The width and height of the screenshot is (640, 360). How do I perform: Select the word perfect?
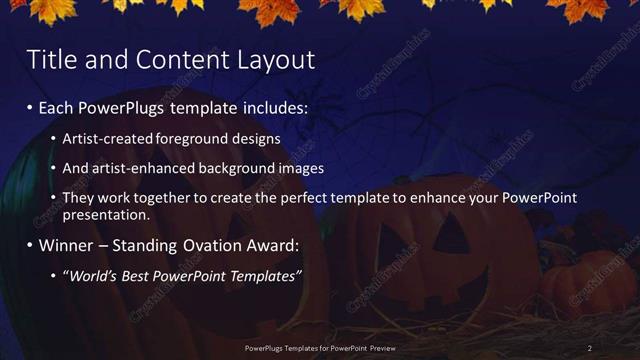click(x=320, y=198)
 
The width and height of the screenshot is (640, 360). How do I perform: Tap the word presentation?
click(x=105, y=215)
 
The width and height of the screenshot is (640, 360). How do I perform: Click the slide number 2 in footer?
click(x=590, y=347)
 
